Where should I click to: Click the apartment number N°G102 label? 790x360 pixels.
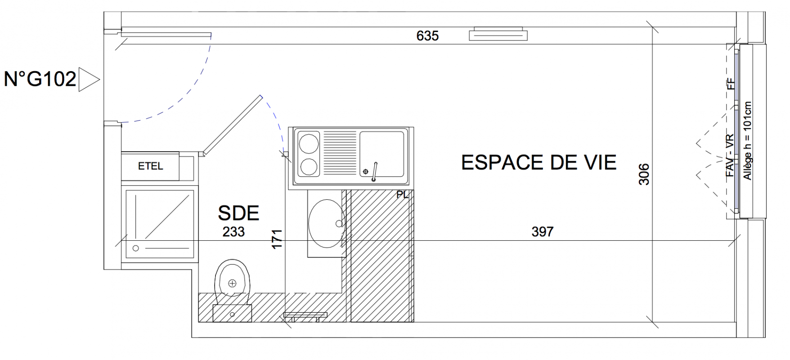pyautogui.click(x=40, y=79)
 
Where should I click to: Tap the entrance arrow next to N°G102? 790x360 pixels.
pyautogui.click(x=89, y=80)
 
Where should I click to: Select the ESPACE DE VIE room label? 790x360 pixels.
pyautogui.click(x=539, y=162)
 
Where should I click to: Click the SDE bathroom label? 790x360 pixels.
pyautogui.click(x=238, y=213)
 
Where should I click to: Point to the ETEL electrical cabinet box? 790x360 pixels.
pyautogui.click(x=150, y=166)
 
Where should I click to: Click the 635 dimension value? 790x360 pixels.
pyautogui.click(x=427, y=36)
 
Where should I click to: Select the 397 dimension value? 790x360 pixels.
pyautogui.click(x=543, y=231)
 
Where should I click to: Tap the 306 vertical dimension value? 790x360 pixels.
pyautogui.click(x=644, y=174)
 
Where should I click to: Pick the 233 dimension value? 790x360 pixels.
pyautogui.click(x=234, y=231)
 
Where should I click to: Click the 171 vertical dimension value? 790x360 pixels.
pyautogui.click(x=277, y=239)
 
